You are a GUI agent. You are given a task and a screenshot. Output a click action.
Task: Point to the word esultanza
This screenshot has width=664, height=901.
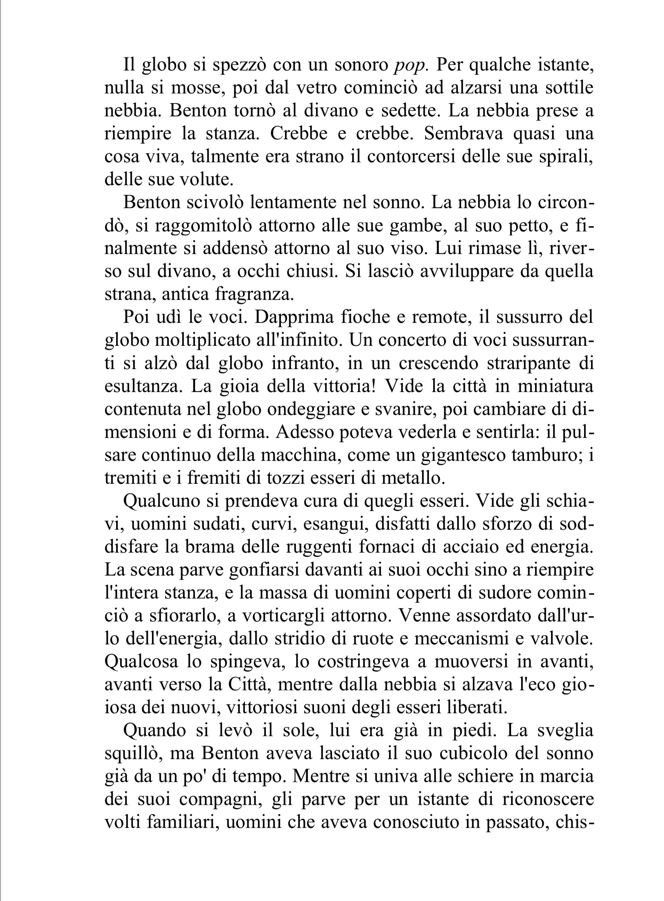tap(144, 386)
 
